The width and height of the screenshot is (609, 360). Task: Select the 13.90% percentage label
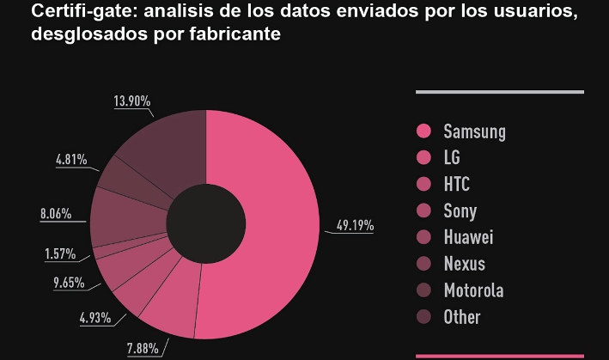click(132, 101)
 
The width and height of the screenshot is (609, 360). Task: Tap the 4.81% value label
click(70, 159)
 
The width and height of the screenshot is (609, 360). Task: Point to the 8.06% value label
click(56, 213)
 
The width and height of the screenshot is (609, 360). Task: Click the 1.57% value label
click(59, 254)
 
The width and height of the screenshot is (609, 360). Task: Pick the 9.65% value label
click(69, 282)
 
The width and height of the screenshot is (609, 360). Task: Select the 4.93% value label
click(95, 318)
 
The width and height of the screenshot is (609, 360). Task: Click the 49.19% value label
click(355, 226)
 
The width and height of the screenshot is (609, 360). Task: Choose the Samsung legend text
click(474, 131)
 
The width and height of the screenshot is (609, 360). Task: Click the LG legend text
click(452, 158)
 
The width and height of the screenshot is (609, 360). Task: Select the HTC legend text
click(457, 185)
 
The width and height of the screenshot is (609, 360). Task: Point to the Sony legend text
click(460, 211)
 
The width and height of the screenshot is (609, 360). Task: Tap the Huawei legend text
click(468, 237)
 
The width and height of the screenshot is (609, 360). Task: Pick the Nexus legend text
click(465, 264)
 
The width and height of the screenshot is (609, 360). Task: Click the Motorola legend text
click(473, 290)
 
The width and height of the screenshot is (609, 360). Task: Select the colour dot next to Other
click(423, 317)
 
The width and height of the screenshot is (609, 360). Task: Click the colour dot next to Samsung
click(423, 131)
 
